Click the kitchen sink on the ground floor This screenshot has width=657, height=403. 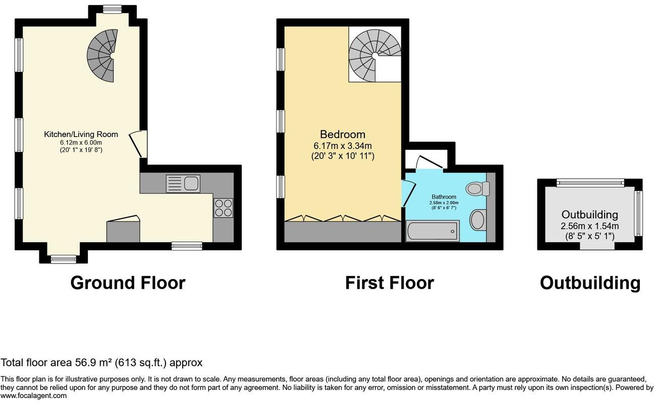(x=183, y=183)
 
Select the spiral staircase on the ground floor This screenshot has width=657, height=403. (x=102, y=55)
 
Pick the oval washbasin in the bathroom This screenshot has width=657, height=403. (x=477, y=220)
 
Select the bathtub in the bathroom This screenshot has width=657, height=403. (x=432, y=231)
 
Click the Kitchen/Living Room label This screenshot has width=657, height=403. (x=81, y=135)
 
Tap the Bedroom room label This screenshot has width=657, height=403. (x=342, y=135)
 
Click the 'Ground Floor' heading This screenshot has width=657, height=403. (x=128, y=283)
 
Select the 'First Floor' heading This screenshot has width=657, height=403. (x=389, y=283)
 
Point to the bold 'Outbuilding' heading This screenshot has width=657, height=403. (x=590, y=283)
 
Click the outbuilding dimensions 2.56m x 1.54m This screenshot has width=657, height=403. (x=590, y=226)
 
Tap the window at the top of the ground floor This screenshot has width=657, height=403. (x=112, y=9)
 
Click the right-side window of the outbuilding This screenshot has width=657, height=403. (x=638, y=214)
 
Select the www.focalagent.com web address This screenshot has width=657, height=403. (x=33, y=396)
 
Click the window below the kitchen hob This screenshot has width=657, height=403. (x=187, y=246)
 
